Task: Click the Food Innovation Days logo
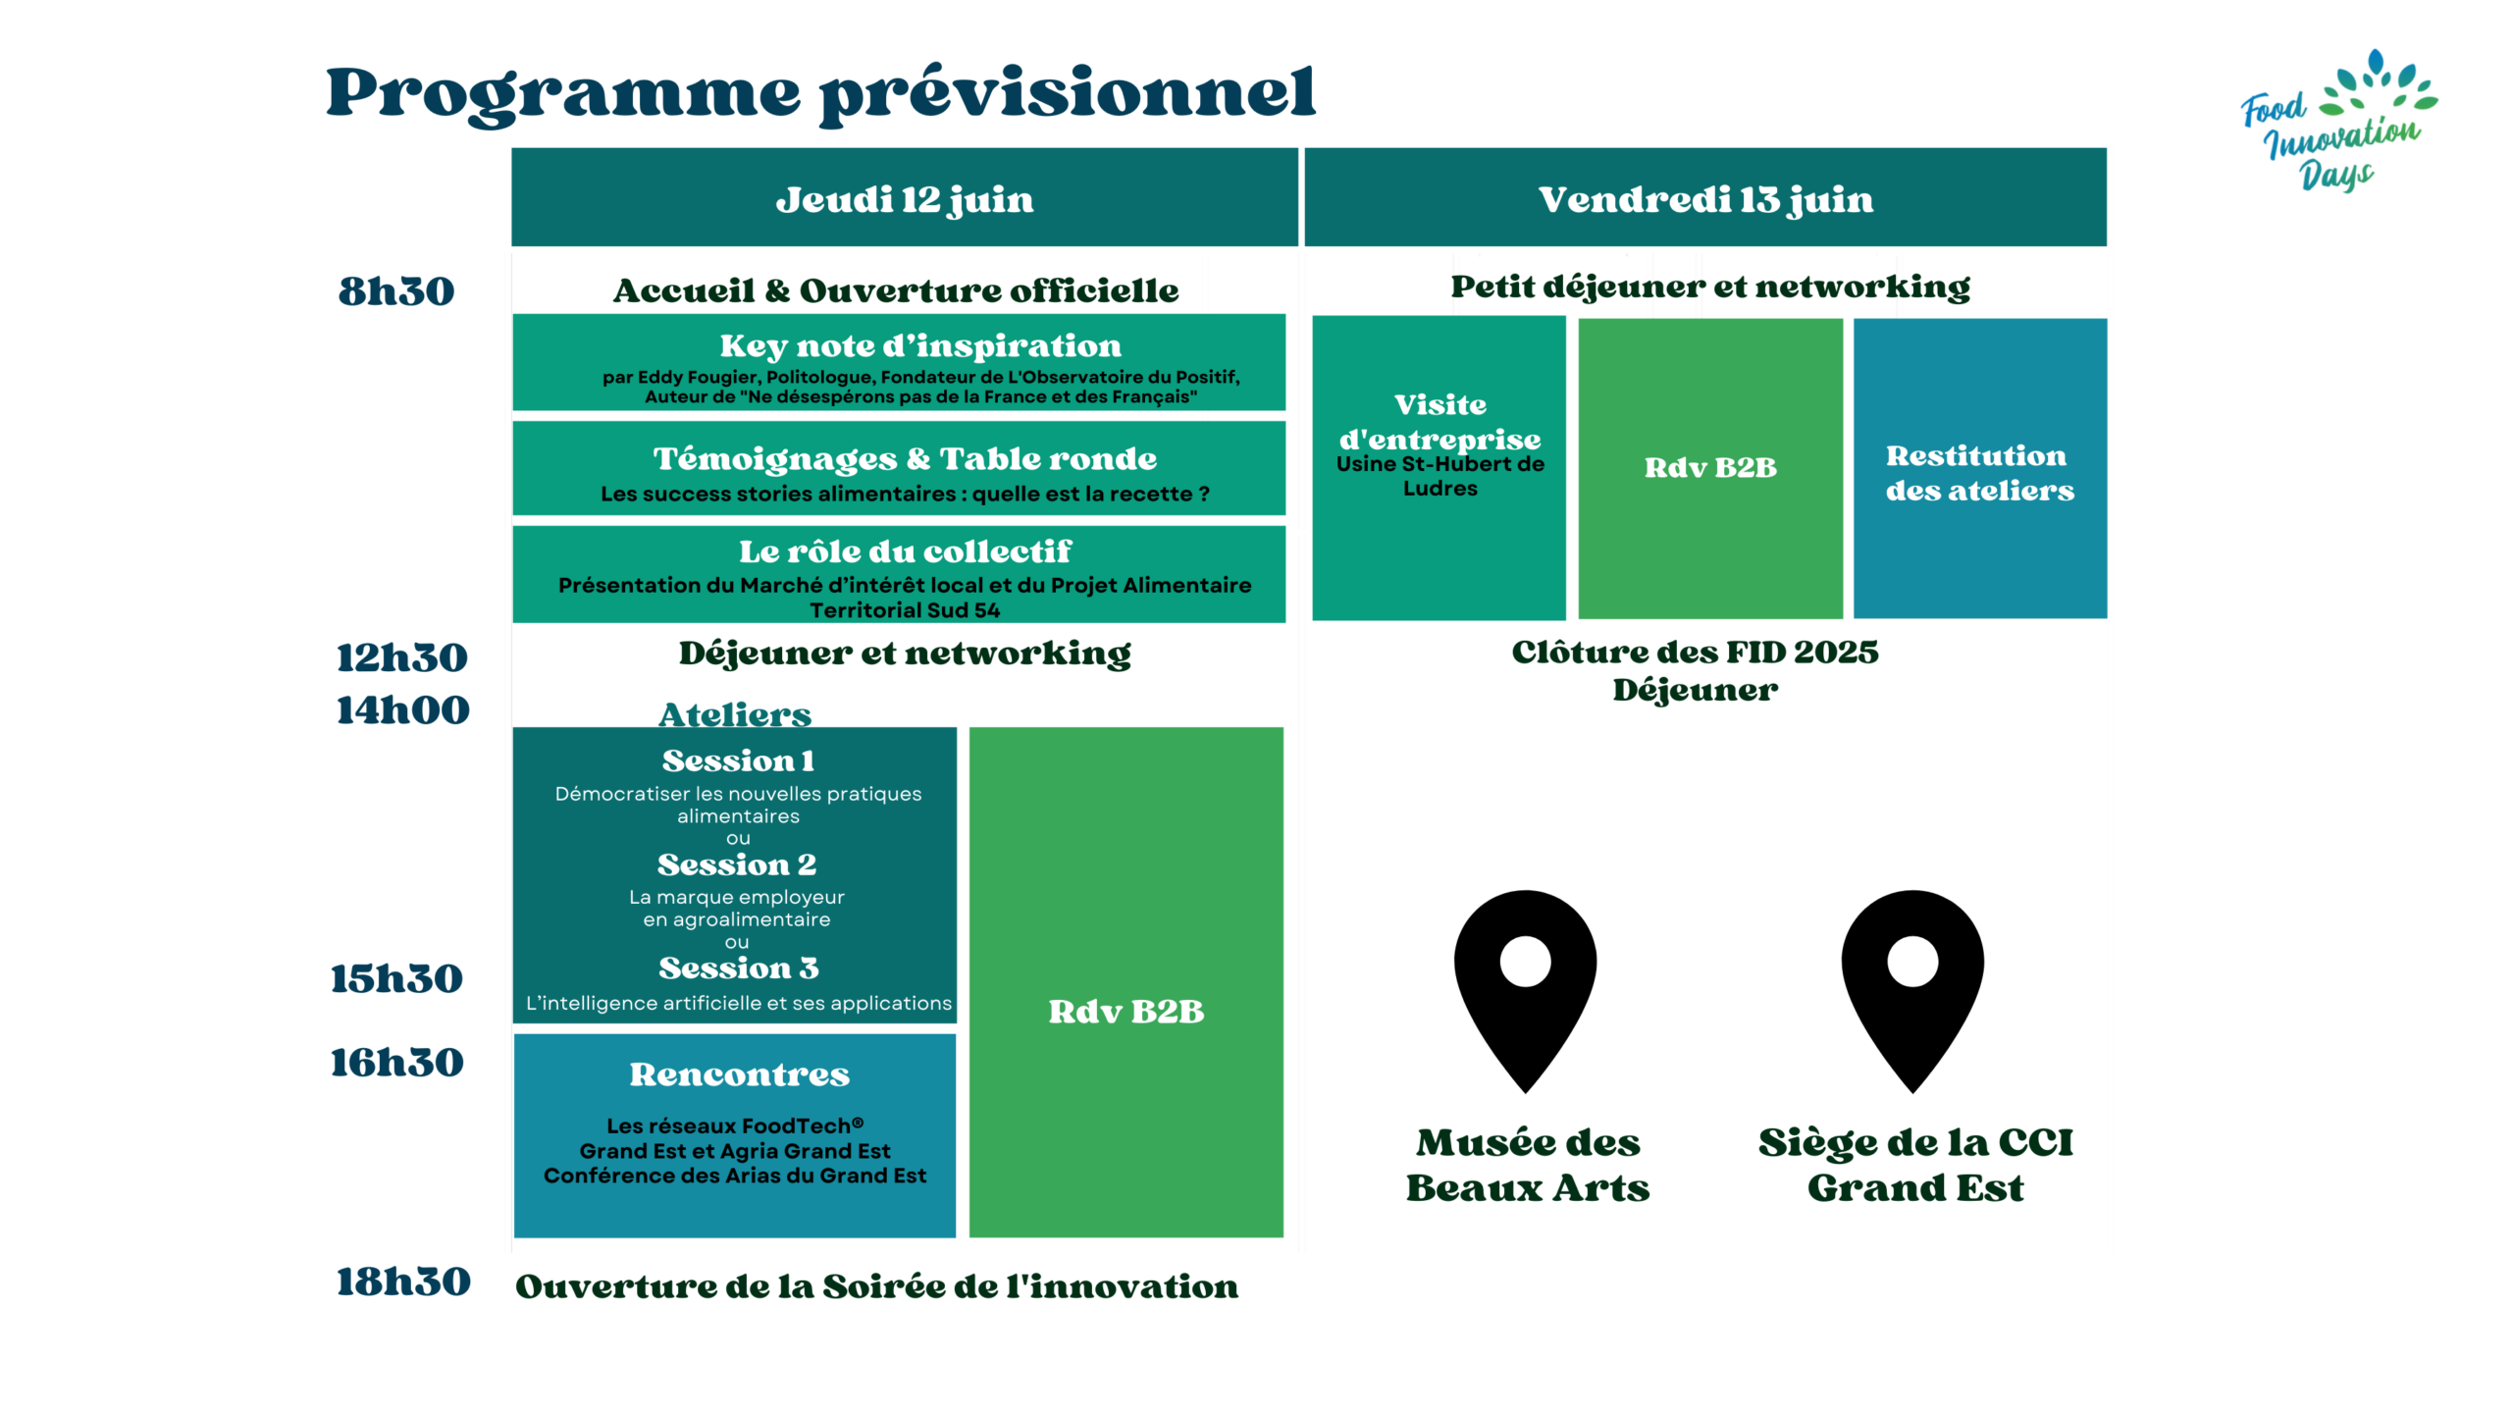click(2338, 120)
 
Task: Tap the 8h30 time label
click(396, 291)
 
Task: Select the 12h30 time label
click(402, 657)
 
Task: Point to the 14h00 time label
click(403, 710)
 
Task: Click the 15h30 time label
click(396, 979)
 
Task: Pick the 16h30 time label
click(396, 1063)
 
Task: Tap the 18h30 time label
click(403, 1282)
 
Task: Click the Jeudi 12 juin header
click(905, 199)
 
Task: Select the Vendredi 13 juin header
click(1705, 199)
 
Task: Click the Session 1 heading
click(738, 760)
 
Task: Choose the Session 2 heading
click(737, 864)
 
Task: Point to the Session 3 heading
click(738, 968)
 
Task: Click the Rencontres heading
click(739, 1074)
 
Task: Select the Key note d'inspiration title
click(920, 345)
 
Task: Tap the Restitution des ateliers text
click(1979, 473)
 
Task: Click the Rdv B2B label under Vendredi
click(1710, 467)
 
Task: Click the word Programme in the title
click(563, 94)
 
